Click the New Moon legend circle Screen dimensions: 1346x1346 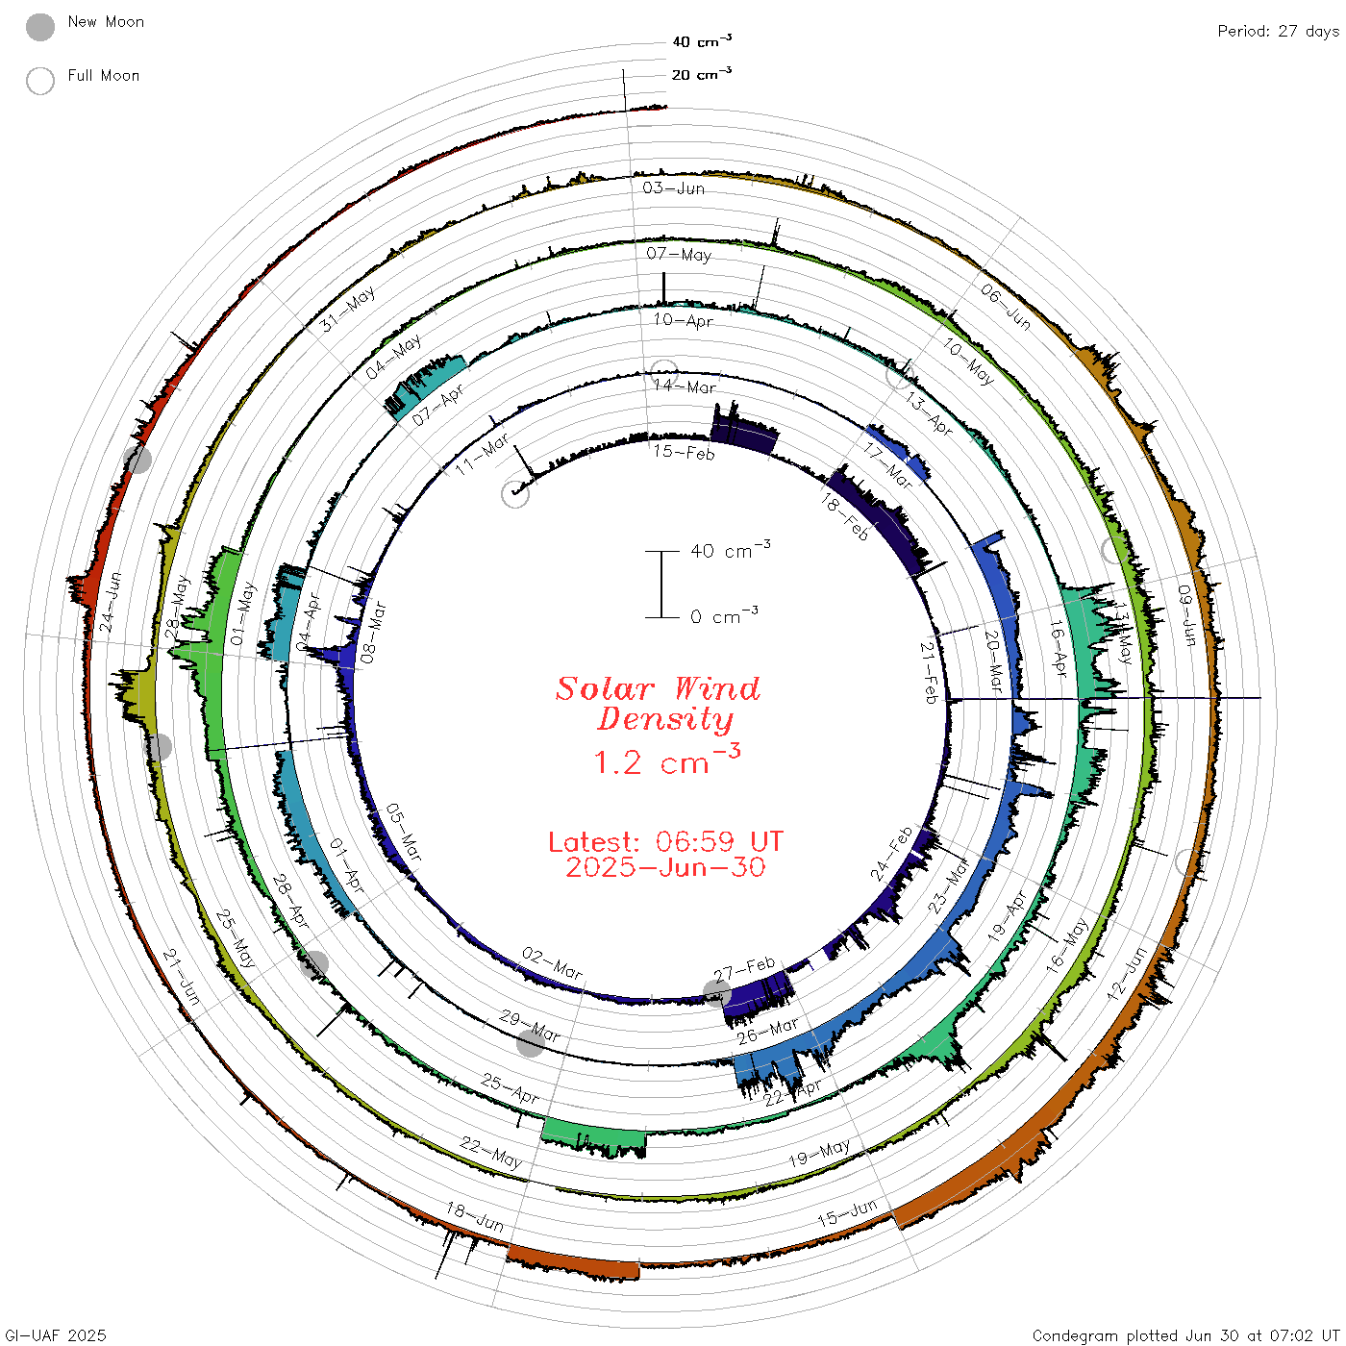click(x=40, y=27)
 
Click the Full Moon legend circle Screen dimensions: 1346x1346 click(x=40, y=81)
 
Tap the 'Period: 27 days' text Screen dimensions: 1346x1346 click(x=1279, y=32)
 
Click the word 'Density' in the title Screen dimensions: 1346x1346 click(x=665, y=719)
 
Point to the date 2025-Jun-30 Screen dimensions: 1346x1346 click(x=665, y=867)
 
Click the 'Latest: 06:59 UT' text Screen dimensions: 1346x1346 click(x=665, y=841)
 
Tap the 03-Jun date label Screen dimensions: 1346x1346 click(x=673, y=187)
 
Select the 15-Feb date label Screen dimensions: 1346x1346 click(x=684, y=453)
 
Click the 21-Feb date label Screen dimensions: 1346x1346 click(x=929, y=673)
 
